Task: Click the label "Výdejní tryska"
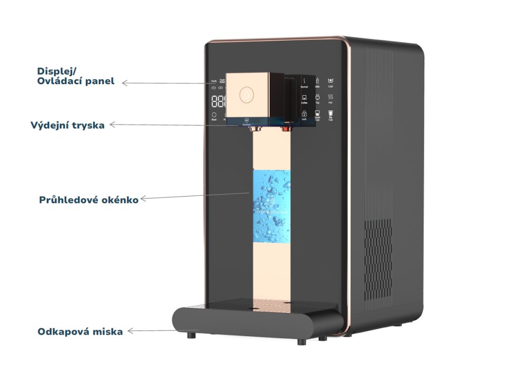[x=68, y=125]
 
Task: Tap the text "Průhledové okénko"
[x=89, y=200]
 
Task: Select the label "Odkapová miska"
[x=80, y=332]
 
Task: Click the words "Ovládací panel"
[x=76, y=81]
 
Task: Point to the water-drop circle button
[x=246, y=94]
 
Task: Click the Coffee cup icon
[x=304, y=97]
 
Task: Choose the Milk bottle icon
[x=317, y=81]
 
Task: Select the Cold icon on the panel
[x=331, y=80]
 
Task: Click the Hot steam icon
[x=331, y=96]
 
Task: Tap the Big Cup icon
[x=331, y=114]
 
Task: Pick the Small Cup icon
[x=317, y=114]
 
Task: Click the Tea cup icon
[x=317, y=97]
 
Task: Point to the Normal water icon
[x=304, y=81]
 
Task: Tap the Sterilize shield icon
[x=247, y=121]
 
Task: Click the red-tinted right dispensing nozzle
[x=286, y=129]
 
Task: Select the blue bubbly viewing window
[x=272, y=206]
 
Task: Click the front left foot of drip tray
[x=192, y=336]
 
